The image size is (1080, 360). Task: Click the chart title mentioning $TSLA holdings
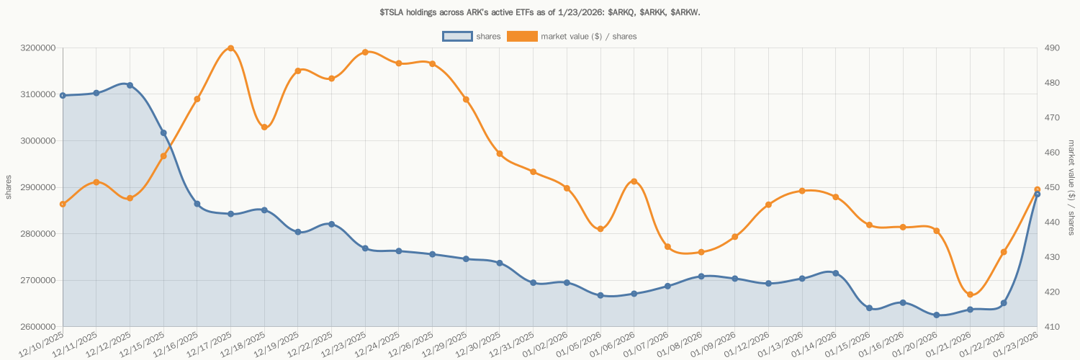tap(539, 12)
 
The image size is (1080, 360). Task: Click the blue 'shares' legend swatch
tap(457, 36)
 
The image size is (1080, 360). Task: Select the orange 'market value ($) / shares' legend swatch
tap(522, 36)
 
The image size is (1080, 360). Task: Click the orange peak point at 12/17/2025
tap(230, 48)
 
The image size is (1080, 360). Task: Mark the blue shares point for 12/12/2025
tap(130, 85)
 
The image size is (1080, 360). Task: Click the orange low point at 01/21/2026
tap(970, 294)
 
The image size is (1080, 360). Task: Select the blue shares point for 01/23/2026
tap(1037, 194)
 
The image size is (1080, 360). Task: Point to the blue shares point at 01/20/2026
tap(936, 315)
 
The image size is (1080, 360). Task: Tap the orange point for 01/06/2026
tap(634, 181)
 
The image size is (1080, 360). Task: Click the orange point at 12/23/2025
tap(365, 52)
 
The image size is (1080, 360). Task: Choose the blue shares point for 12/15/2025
tap(163, 132)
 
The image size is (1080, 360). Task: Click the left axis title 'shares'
tap(9, 187)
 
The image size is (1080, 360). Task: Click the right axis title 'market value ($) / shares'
tap(1071, 187)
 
